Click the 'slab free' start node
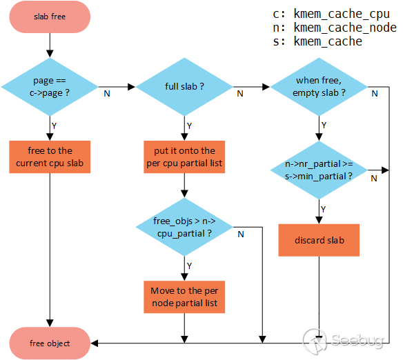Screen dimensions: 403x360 point(50,17)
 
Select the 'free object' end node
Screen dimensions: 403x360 point(50,343)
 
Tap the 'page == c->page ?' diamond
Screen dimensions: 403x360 point(50,87)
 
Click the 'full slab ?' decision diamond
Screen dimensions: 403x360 point(184,87)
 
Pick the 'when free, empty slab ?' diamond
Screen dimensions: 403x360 point(319,87)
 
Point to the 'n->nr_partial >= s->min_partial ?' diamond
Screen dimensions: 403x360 point(319,170)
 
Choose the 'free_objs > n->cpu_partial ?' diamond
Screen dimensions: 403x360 point(184,227)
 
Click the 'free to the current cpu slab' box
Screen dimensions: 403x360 point(50,157)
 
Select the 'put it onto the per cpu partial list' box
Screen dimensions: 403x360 point(184,157)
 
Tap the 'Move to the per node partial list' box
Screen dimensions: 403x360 point(184,297)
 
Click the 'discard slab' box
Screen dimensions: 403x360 point(319,240)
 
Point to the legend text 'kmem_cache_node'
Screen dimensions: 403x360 point(345,28)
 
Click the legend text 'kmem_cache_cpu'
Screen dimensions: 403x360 point(342,14)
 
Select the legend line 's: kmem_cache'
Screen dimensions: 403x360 point(317,41)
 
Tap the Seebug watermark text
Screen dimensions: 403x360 point(357,341)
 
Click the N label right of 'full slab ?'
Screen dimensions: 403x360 point(240,94)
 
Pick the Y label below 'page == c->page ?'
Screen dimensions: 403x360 point(54,126)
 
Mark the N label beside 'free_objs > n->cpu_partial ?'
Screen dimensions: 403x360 point(241,234)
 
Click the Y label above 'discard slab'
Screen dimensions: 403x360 point(324,209)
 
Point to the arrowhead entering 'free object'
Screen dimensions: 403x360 point(94,343)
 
